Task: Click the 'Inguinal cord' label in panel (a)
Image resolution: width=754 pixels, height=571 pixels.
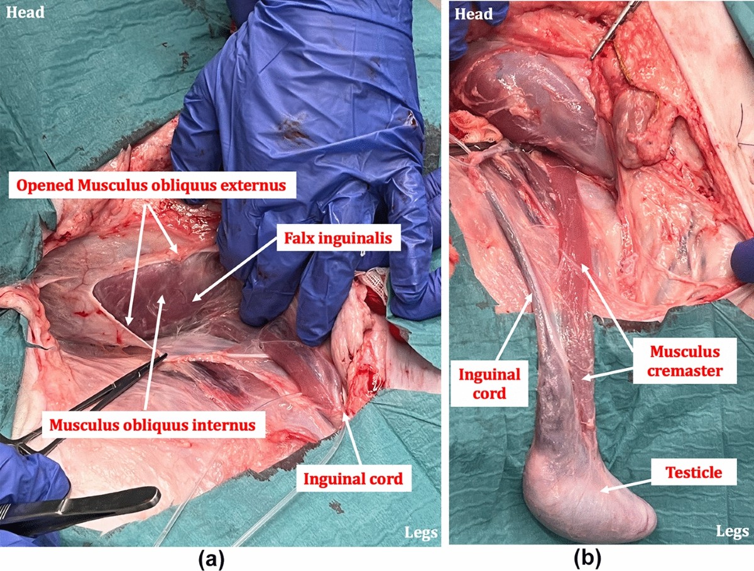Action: click(x=352, y=479)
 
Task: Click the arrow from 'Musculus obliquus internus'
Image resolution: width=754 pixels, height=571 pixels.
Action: click(x=155, y=352)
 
